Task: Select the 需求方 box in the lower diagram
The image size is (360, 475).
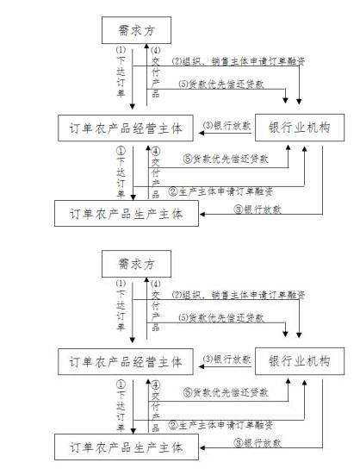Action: point(135,262)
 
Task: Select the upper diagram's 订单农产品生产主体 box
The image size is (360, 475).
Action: point(126,212)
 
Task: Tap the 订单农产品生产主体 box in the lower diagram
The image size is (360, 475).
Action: point(126,447)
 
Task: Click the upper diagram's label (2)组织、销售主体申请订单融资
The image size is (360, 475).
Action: point(238,62)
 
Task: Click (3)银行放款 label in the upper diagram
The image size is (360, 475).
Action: point(227,126)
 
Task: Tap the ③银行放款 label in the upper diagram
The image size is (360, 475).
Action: point(258,209)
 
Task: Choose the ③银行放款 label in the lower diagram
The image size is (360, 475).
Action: point(258,444)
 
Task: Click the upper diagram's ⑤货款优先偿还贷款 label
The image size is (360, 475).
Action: point(225,159)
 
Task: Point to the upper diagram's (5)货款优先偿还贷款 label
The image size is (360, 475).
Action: point(221,84)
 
